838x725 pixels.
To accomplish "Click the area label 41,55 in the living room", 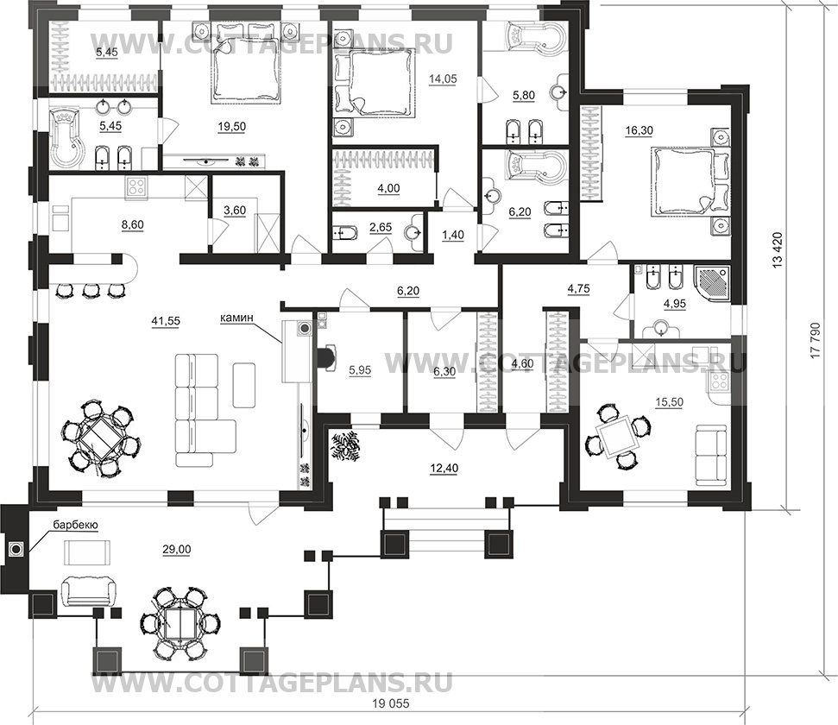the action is [169, 321].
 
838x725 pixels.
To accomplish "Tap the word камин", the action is [236, 318].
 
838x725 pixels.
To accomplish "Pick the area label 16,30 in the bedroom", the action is [640, 130].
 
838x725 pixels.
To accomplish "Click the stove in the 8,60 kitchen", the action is [137, 187].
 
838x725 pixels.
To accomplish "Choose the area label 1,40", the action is [453, 235].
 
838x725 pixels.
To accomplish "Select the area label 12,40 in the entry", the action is [444, 469].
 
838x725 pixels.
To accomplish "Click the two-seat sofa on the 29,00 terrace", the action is [88, 592].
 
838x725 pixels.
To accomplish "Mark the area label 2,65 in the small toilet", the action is [381, 228].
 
